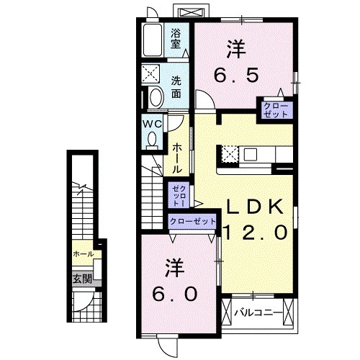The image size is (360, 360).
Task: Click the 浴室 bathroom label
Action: tap(175, 37)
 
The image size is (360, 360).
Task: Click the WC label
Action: tap(150, 123)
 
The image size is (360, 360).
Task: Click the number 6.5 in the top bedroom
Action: tap(235, 74)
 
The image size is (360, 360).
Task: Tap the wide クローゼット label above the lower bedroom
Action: tap(192, 222)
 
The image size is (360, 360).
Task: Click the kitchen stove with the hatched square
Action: tap(230, 153)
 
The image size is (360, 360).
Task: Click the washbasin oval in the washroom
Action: tap(154, 97)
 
